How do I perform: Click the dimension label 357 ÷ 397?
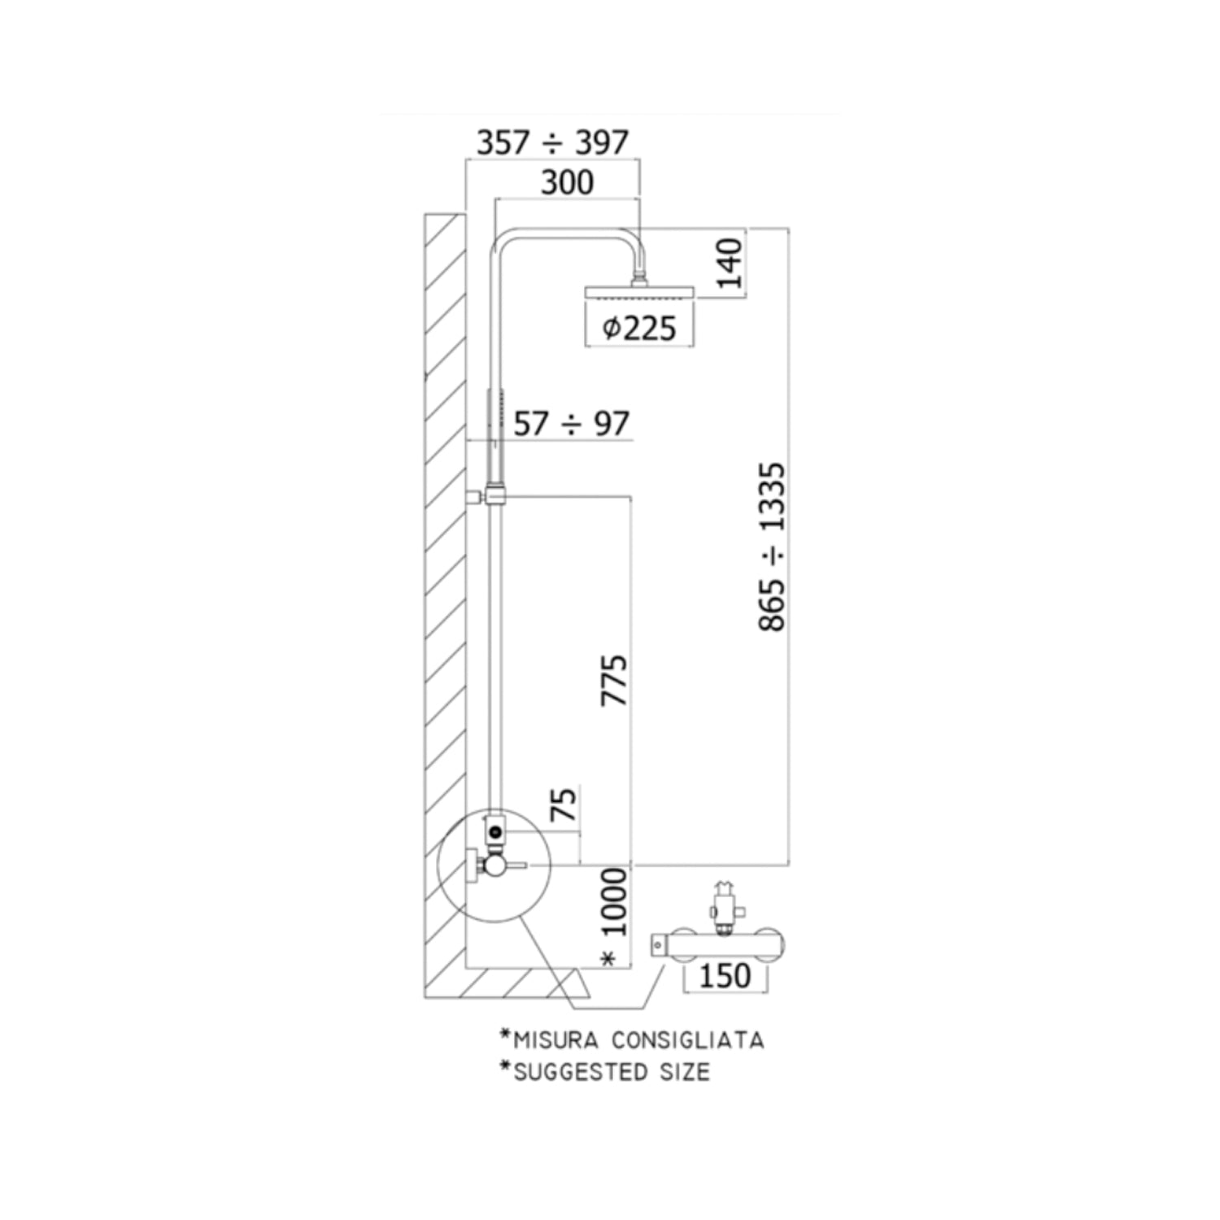click(x=552, y=143)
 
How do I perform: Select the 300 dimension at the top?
click(x=567, y=182)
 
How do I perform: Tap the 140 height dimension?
click(x=730, y=263)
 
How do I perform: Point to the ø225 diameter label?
click(x=639, y=328)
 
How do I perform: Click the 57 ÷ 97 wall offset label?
click(x=572, y=424)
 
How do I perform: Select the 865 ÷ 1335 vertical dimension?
click(x=773, y=547)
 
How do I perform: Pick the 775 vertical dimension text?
click(x=614, y=679)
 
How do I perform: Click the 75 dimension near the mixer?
click(x=564, y=804)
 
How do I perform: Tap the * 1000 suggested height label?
click(x=614, y=917)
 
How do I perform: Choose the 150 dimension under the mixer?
click(x=725, y=975)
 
